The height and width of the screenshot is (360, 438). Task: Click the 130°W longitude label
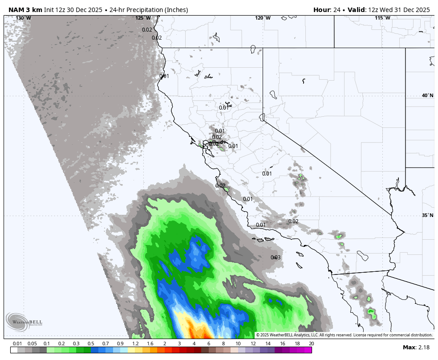coord(24,18)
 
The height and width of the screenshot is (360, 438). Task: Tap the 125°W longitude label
coord(143,18)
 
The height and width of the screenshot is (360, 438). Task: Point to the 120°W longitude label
coord(263,18)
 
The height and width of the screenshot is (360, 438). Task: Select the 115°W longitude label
coord(382,18)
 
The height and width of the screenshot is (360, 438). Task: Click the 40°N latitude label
coord(427,96)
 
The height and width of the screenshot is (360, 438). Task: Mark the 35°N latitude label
coord(427,216)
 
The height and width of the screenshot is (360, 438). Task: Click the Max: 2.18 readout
coord(416,348)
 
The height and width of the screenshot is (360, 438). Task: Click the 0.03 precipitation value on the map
coord(276,258)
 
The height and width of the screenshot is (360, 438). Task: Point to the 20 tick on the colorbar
coord(311,344)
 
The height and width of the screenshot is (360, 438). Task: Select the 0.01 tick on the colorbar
coord(17,344)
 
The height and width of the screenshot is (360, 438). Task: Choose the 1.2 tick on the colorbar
coord(135,344)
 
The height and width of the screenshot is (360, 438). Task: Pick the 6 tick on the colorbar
coord(208,344)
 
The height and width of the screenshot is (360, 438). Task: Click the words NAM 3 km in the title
coord(25,10)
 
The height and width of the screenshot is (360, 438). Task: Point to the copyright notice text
coord(344,335)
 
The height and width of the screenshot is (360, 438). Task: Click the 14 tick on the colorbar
coord(268,344)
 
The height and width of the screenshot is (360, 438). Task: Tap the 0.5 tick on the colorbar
coord(91,344)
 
